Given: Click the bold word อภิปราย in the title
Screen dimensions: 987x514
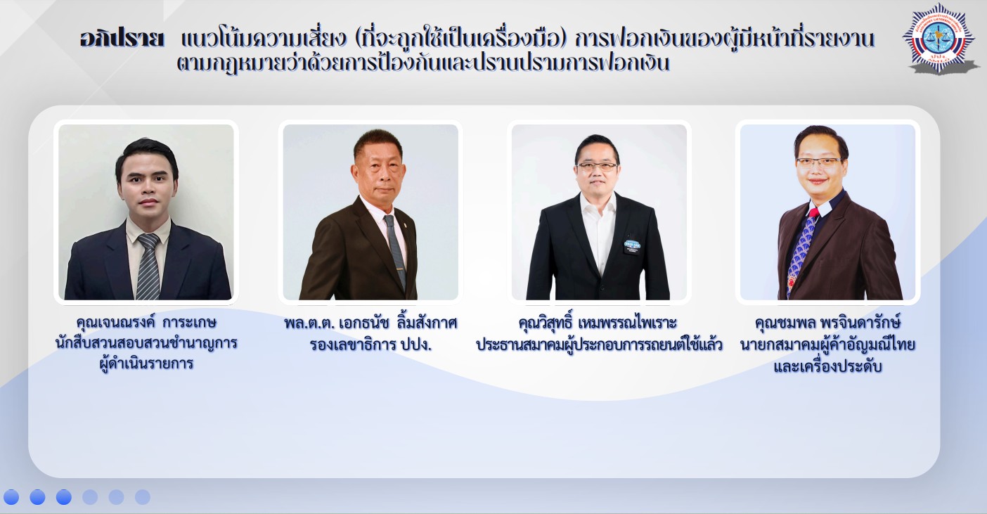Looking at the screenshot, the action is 122,39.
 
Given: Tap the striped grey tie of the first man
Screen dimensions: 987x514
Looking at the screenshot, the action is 148,267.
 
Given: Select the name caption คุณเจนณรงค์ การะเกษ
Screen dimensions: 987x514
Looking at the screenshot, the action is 146,322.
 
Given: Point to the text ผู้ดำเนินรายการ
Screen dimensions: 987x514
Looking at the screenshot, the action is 147,364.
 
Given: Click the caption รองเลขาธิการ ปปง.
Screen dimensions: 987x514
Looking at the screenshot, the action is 370,345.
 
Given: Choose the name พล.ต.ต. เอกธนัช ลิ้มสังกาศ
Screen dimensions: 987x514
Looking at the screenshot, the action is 370,323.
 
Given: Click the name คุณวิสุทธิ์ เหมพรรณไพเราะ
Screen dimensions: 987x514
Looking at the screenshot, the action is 598,323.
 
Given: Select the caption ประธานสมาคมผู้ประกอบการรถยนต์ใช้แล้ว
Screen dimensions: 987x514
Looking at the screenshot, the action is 599,345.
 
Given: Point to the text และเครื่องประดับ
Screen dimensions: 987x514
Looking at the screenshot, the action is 827,366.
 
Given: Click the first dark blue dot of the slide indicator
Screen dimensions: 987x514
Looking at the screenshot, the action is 11,497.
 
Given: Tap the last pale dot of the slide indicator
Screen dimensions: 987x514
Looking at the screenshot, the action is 142,497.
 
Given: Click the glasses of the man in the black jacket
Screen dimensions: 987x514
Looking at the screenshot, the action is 598,166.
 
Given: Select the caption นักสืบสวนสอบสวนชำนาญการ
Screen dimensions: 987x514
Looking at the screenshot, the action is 146,343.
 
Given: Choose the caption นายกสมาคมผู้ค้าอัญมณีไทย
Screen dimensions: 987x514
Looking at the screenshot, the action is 827,345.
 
